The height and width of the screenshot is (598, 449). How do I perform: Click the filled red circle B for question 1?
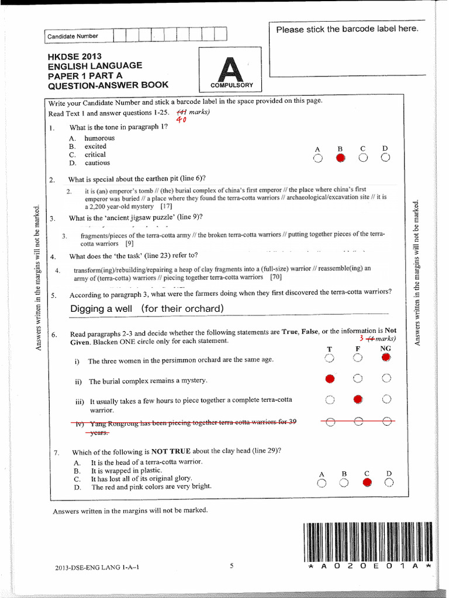[x=340, y=158]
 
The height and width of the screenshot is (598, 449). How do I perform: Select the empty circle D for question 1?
[x=385, y=158]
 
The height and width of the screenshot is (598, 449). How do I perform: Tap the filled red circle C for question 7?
[x=367, y=482]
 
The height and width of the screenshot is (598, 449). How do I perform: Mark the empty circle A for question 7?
[x=321, y=483]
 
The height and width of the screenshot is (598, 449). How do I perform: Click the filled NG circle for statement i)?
[x=386, y=357]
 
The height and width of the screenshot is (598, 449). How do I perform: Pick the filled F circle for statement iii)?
[x=358, y=399]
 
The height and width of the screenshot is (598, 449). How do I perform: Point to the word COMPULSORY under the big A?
[x=232, y=85]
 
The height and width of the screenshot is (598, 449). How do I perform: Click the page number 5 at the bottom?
[x=232, y=565]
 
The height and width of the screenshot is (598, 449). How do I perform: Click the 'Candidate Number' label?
[x=73, y=36]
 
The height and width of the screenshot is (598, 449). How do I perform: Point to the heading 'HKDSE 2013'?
[x=75, y=57]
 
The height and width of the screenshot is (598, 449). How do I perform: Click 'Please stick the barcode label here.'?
[x=347, y=29]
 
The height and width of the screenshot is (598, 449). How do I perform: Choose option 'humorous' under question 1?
[x=99, y=138]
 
